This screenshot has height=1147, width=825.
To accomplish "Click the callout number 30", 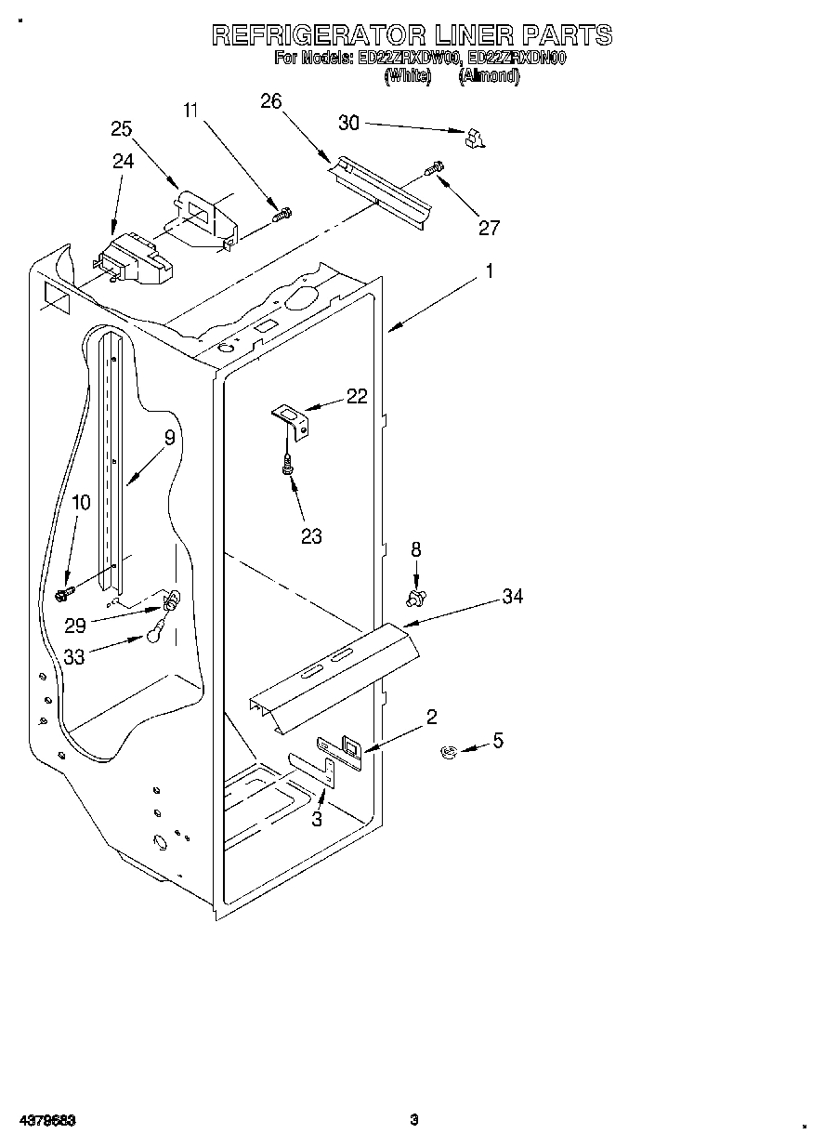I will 348,124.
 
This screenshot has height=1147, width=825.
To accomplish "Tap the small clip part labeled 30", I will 475,138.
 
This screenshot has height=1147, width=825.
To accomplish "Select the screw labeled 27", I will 434,169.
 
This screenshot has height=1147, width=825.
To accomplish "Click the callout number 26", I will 270,102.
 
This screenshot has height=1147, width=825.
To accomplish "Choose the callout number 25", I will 122,129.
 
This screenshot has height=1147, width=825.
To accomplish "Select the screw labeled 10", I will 64,591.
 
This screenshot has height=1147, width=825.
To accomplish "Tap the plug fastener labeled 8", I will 416,593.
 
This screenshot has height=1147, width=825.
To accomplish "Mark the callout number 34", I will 512,597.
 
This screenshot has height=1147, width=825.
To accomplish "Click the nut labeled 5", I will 447,751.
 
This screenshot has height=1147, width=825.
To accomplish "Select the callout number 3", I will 317,820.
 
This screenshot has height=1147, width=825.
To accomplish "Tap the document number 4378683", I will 46,1121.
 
